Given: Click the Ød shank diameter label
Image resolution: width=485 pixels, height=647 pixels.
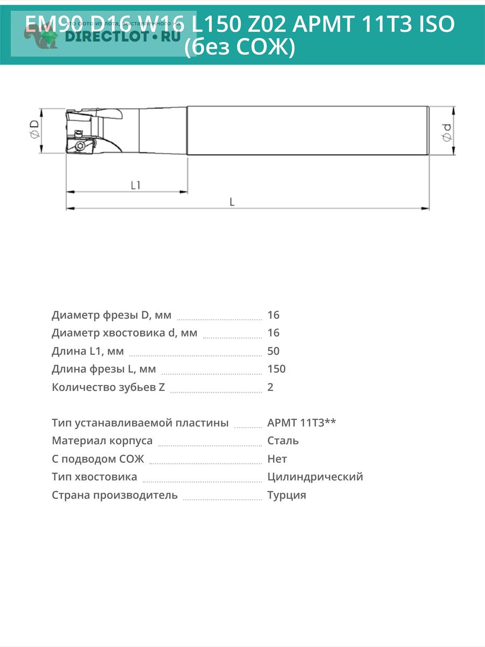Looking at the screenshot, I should coord(447,132).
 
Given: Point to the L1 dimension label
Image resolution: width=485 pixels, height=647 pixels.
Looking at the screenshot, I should coord(136,185).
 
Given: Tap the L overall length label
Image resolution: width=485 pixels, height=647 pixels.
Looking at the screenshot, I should coord(232,202).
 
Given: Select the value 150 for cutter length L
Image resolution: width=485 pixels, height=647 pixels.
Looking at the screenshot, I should coord(276,369).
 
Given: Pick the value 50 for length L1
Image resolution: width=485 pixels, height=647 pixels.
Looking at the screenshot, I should coord(273,351).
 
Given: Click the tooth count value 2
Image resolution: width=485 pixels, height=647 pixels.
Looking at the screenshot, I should coord(271,387).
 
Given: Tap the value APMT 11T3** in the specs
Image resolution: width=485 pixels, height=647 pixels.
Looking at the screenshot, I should coord(302,423).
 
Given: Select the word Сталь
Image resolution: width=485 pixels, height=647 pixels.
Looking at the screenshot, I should coord(283,440).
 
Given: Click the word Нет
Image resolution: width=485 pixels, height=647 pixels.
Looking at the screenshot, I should coord(277,459).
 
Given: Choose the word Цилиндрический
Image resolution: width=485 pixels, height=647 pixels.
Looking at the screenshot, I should coord(315,477).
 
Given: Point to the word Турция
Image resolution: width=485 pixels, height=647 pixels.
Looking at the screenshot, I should coord(287,495).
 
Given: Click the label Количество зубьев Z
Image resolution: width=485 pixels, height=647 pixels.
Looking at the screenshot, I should coord(108,387).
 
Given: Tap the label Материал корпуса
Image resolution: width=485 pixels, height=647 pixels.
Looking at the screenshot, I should coord(102,440).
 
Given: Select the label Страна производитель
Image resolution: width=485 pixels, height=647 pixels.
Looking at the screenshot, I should coord(115,495).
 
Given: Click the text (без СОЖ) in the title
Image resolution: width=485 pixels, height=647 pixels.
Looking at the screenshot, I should coord(240,47).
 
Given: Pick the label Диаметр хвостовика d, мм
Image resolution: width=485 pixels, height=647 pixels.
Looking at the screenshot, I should coord(124,333).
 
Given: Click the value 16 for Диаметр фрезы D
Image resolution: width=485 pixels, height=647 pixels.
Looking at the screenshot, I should coord(273,315).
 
